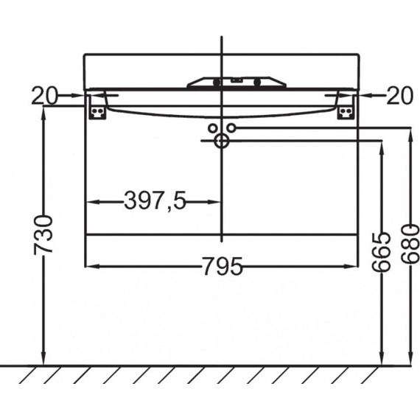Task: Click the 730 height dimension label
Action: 43,234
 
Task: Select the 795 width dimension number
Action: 223,266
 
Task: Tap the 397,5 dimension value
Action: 155,201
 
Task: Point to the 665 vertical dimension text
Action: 382,251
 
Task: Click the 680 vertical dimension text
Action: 410,243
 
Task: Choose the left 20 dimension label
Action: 44,96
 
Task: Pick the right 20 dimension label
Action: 400,96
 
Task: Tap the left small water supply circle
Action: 212,128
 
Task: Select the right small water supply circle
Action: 231,128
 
